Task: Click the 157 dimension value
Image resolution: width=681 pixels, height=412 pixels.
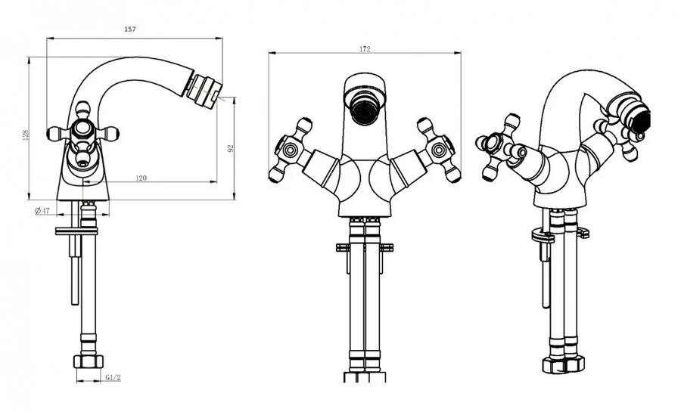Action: tap(130, 29)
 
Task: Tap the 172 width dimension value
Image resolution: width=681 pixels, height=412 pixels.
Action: tap(365, 49)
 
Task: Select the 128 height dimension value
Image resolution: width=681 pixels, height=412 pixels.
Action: tap(25, 135)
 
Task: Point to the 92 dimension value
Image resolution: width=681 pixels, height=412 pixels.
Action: tap(231, 148)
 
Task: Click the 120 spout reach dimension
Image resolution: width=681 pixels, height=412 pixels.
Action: tap(141, 178)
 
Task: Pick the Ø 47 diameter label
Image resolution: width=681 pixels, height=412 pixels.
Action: tap(42, 211)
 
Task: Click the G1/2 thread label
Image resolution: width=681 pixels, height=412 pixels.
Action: tap(113, 378)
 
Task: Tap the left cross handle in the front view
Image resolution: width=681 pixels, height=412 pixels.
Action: tap(290, 150)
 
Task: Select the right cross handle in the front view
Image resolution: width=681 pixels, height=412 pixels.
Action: tap(439, 150)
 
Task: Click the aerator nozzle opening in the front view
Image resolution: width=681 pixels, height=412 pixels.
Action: tap(365, 110)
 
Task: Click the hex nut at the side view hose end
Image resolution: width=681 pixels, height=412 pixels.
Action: tap(89, 361)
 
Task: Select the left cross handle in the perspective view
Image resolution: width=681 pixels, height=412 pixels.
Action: tap(499, 147)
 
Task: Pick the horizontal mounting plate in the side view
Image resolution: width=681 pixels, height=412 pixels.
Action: tap(76, 231)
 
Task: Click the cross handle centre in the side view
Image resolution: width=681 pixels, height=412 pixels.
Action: tap(82, 129)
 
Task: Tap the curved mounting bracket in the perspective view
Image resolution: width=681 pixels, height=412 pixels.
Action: tap(543, 236)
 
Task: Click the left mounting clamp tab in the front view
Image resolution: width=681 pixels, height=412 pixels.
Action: tap(343, 248)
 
